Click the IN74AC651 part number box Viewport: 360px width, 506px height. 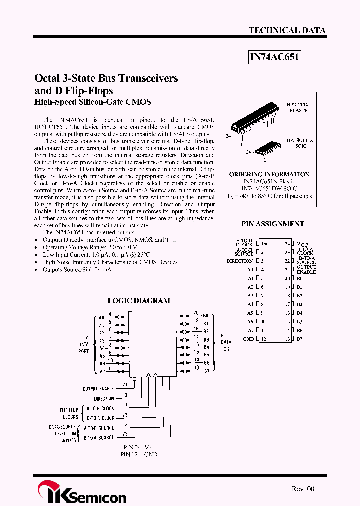pos(275,57)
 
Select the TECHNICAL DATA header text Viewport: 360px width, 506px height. pos(287,30)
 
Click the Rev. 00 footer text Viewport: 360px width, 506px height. pos(303,489)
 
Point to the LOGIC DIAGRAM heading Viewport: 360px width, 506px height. pos(139,301)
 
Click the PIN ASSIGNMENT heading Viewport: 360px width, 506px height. pos(273,224)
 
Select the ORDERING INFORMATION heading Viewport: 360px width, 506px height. pos(269,174)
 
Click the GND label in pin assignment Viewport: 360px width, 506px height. pos(248,339)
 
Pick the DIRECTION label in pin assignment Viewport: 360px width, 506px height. pos(240,261)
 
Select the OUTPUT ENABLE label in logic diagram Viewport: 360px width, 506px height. pos(98,388)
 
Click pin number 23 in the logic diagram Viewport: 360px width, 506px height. pos(125,415)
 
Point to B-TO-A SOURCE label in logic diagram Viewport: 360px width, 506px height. pos(99,437)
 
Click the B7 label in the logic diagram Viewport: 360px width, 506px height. pos(206,371)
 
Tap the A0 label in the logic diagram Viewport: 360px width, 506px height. pos(101,317)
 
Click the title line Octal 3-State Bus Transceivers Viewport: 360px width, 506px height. pos(106,78)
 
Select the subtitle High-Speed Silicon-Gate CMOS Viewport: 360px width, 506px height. pos(92,102)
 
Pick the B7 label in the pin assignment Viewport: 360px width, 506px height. pos(299,339)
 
